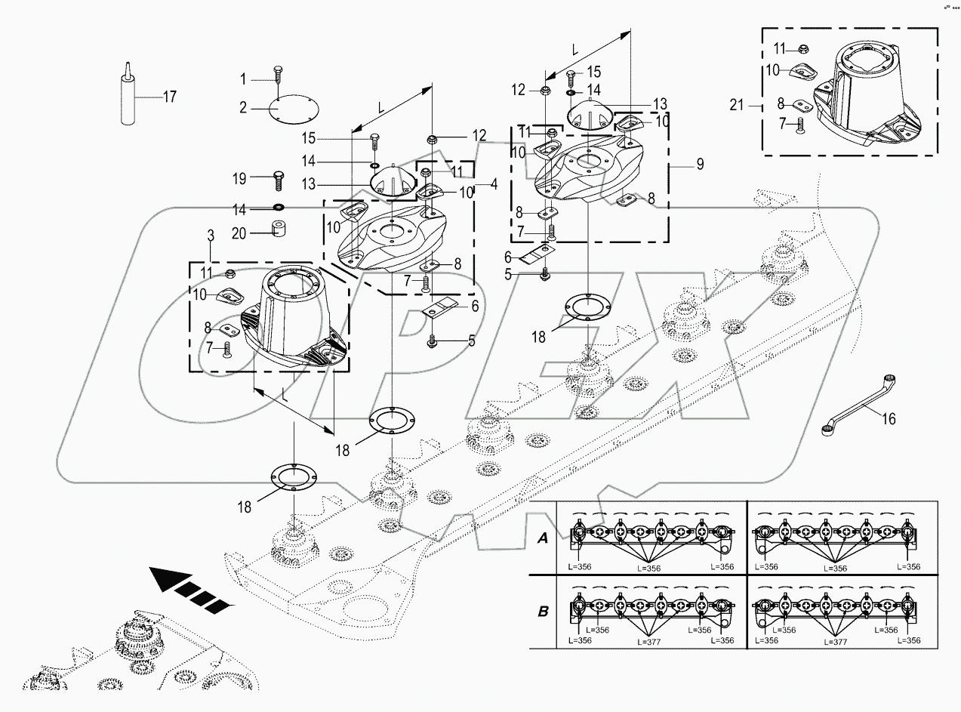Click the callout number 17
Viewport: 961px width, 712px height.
point(169,96)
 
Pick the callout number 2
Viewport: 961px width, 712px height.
point(244,108)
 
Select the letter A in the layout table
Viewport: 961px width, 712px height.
point(541,538)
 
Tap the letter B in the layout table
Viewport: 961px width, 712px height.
point(542,611)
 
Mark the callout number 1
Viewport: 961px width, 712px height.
point(244,79)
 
